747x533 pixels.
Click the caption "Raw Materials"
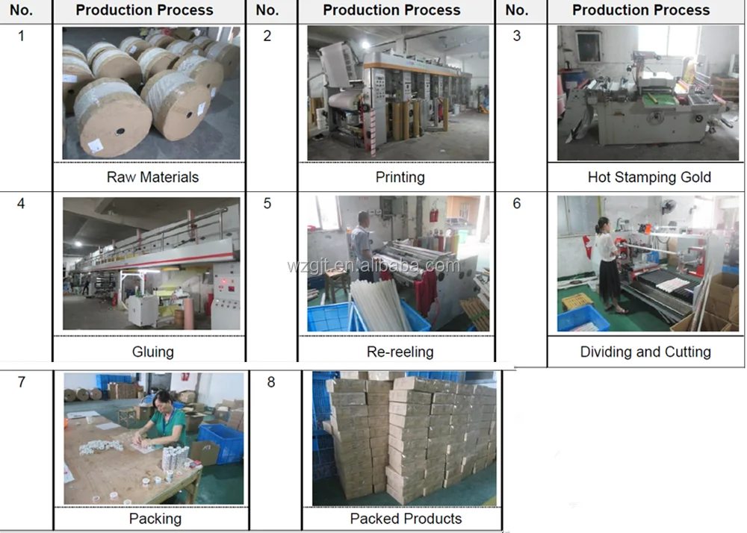click(152, 177)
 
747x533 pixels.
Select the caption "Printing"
click(400, 177)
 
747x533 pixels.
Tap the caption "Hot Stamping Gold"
click(648, 177)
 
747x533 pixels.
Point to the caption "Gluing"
click(152, 352)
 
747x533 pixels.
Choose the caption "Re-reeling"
click(400, 352)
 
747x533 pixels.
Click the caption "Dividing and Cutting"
click(645, 352)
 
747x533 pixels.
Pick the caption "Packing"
click(155, 518)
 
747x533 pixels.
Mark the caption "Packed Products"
click(406, 518)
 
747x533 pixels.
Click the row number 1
click(21, 36)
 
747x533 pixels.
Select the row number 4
click(21, 203)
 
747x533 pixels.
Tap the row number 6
click(516, 203)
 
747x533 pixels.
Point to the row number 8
click(270, 382)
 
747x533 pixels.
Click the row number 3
click(516, 36)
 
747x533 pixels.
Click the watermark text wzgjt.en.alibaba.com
click(373, 265)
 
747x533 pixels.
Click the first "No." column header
click(21, 10)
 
